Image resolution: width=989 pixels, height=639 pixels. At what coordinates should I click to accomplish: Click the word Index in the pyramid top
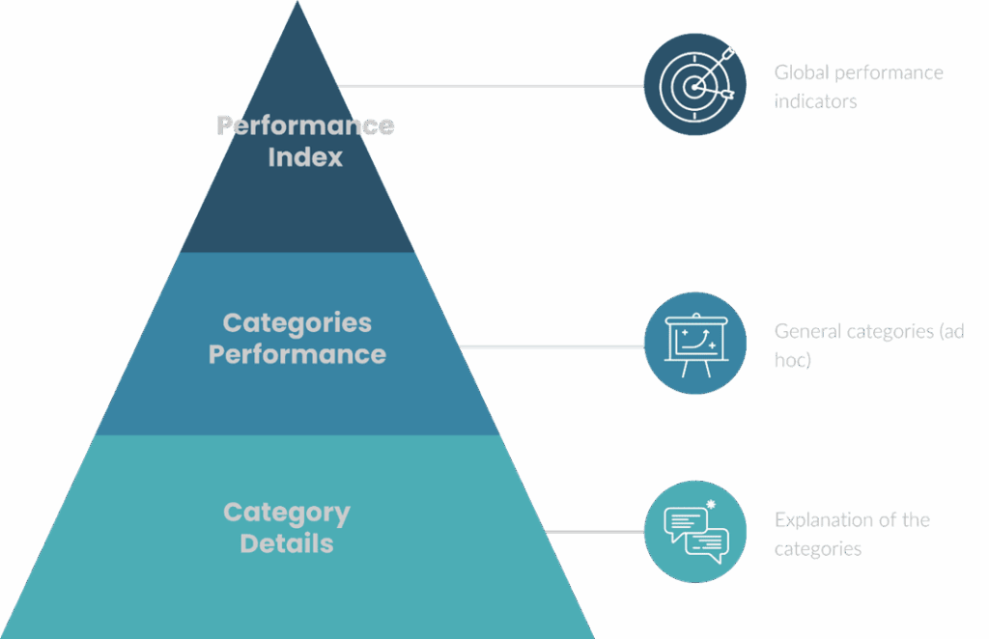305,157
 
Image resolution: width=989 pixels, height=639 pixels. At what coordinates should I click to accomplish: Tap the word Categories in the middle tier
297,322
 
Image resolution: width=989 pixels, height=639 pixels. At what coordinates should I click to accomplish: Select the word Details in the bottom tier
287,543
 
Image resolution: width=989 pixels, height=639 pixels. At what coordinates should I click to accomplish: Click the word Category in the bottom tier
287,513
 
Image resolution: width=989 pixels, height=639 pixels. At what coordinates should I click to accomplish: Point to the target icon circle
694,85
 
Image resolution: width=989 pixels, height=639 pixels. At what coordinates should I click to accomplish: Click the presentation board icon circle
694,343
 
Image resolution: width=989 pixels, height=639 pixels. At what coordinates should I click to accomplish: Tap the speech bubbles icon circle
694,532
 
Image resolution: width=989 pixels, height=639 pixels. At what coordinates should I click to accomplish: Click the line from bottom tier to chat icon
594,531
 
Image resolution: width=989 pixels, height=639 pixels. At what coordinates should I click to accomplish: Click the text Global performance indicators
858,86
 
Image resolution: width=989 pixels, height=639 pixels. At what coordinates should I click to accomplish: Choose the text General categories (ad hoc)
867,346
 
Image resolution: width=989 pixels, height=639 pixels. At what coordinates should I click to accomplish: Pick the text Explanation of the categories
851,534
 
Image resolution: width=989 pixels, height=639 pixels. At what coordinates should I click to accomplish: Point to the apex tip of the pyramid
297,4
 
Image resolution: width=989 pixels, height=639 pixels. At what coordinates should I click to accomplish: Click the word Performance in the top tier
305,125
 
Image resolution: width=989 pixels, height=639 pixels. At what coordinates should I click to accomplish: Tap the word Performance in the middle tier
297,354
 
